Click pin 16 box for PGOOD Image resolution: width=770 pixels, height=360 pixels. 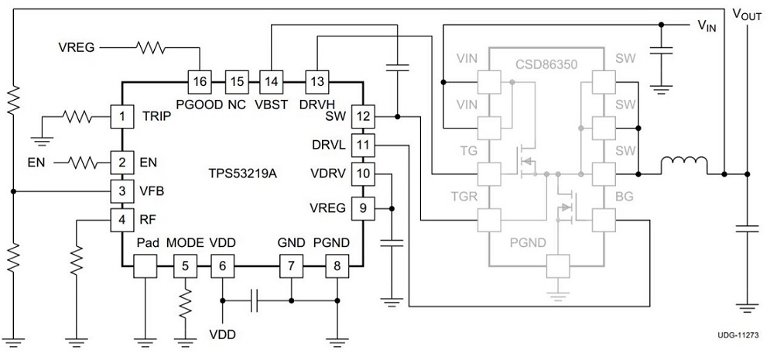pos(200,81)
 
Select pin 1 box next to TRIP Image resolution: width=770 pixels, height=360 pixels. pos(121,117)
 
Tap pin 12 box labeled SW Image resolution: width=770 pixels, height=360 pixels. pos(362,117)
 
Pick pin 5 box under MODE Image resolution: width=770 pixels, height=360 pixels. pos(185,266)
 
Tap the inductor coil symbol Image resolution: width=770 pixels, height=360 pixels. pos(684,163)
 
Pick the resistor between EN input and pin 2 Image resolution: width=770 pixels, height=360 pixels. pos(80,163)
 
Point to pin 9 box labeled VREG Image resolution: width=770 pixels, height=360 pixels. pos(362,208)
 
